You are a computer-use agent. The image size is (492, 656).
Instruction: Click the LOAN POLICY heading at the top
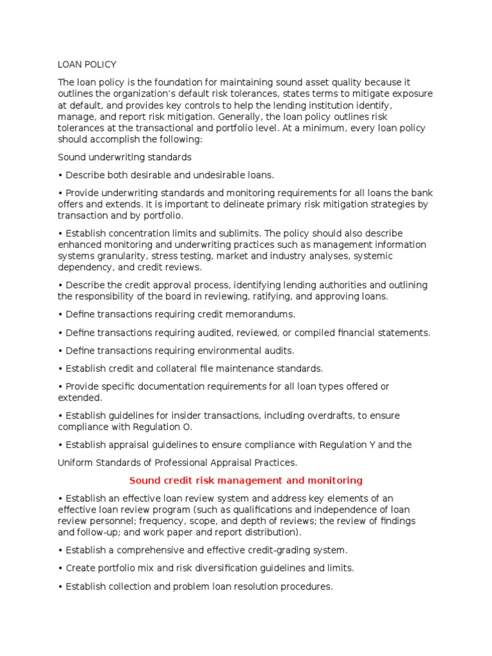pos(87,65)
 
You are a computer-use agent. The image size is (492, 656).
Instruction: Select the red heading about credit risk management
pos(246,480)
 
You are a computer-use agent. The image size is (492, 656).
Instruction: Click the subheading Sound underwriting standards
pos(124,157)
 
